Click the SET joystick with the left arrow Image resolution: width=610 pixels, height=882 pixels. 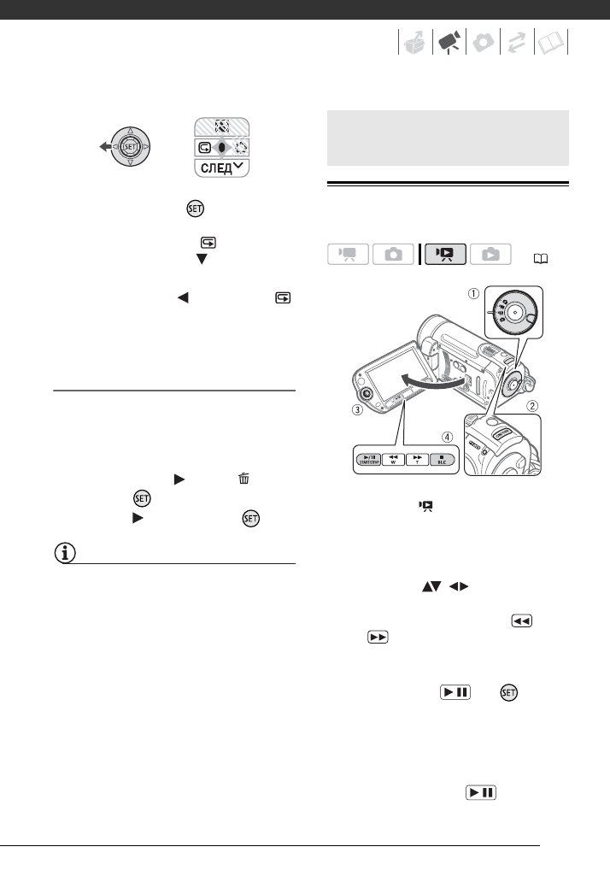click(x=129, y=146)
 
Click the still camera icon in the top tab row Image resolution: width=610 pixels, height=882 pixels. click(x=482, y=44)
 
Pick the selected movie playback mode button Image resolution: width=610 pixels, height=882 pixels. click(x=444, y=253)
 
